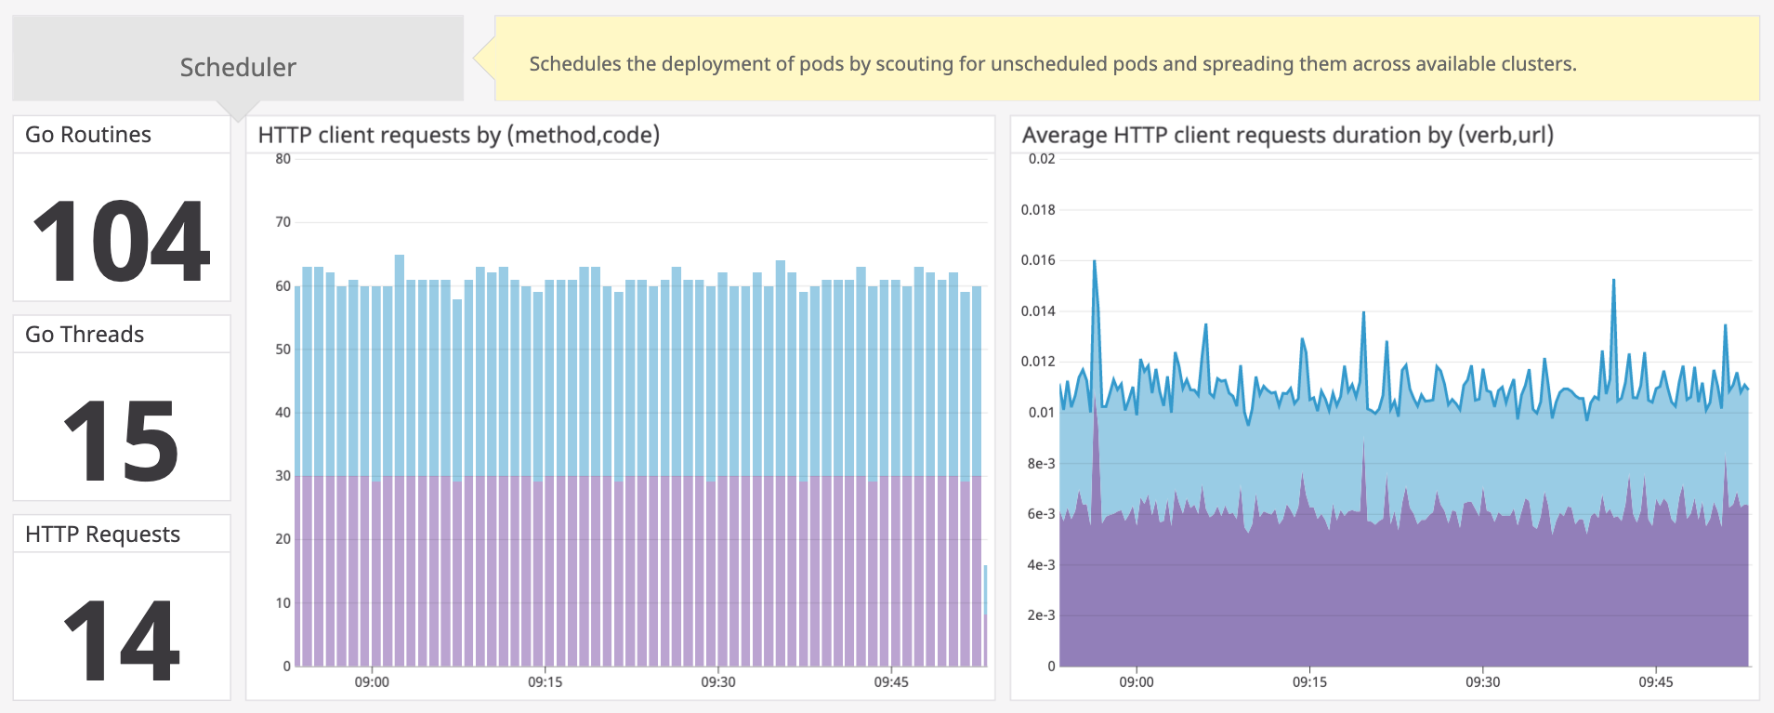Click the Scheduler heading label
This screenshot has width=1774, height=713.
click(x=238, y=67)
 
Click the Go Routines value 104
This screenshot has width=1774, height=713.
click(x=121, y=242)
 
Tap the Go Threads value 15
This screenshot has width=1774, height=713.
click(x=121, y=441)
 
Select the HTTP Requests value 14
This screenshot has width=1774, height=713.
click(x=121, y=640)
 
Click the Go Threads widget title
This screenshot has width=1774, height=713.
click(x=85, y=335)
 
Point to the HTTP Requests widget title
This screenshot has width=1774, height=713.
click(x=102, y=535)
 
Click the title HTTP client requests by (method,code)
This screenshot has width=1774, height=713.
click(x=458, y=136)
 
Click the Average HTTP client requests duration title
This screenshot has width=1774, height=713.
click(x=1287, y=136)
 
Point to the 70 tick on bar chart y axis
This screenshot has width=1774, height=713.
click(x=283, y=222)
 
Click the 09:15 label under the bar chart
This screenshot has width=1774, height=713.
click(x=545, y=682)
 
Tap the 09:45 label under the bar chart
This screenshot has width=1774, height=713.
click(x=891, y=682)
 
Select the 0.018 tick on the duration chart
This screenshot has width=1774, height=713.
click(x=1038, y=210)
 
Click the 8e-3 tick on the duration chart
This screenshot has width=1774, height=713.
click(x=1041, y=464)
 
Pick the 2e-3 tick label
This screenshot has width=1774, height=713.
click(x=1041, y=615)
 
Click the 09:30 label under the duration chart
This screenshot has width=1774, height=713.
click(x=1482, y=682)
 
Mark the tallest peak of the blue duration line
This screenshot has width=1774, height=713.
click(x=1095, y=262)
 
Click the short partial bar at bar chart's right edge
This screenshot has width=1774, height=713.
click(x=985, y=614)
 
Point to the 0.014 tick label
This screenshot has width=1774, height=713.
click(x=1038, y=311)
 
